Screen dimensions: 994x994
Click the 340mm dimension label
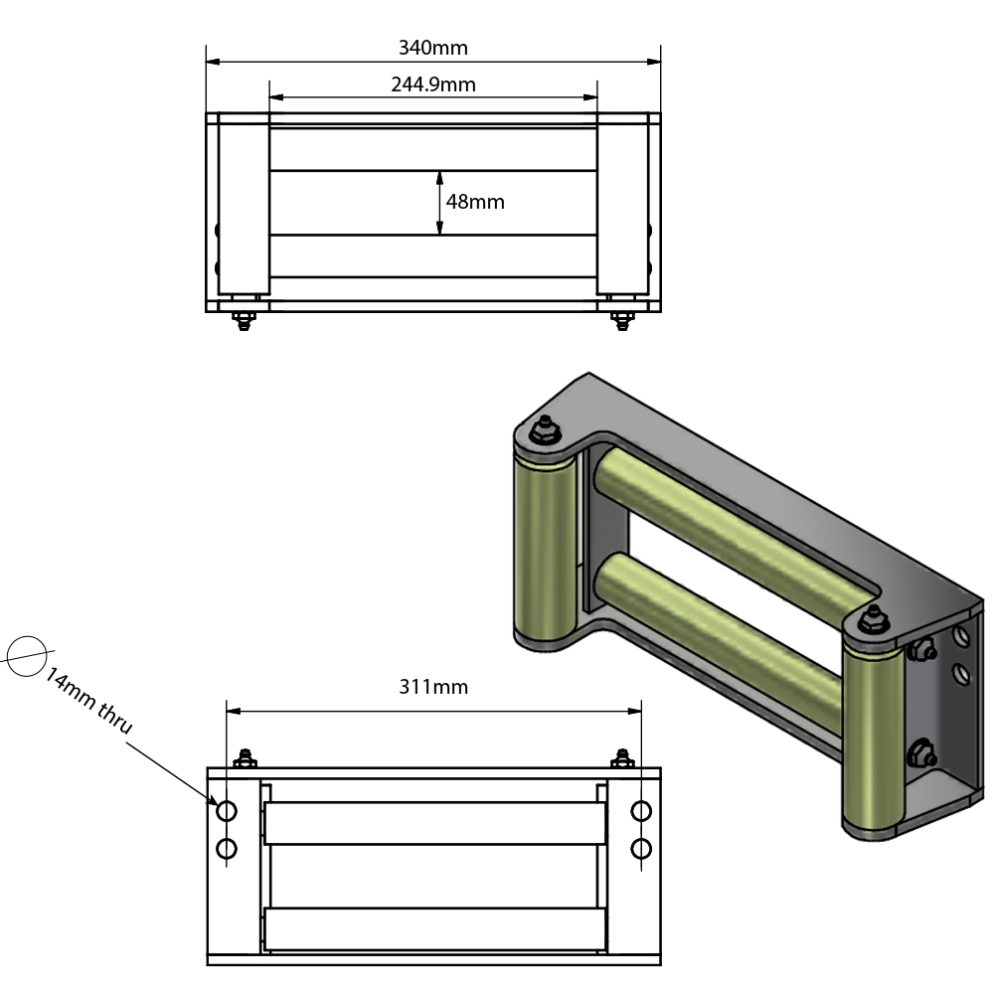point(432,47)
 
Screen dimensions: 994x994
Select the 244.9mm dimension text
point(432,84)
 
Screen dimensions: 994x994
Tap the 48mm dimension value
point(475,202)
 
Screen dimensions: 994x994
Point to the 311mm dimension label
point(432,686)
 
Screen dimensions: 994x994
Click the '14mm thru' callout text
point(88,702)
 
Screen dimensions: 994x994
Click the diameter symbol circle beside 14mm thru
point(27,655)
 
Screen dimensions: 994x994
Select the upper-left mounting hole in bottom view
point(227,811)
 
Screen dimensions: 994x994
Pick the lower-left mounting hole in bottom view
point(227,848)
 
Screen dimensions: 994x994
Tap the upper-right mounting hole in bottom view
point(641,811)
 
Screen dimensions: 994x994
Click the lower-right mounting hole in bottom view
point(641,848)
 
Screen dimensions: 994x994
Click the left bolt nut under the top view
point(243,320)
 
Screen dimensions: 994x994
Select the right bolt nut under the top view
point(622,320)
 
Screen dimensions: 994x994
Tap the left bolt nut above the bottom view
point(243,760)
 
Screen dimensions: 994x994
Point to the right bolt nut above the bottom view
point(623,760)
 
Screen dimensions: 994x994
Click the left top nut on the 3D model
point(543,430)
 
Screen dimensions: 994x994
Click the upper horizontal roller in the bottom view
point(434,823)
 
